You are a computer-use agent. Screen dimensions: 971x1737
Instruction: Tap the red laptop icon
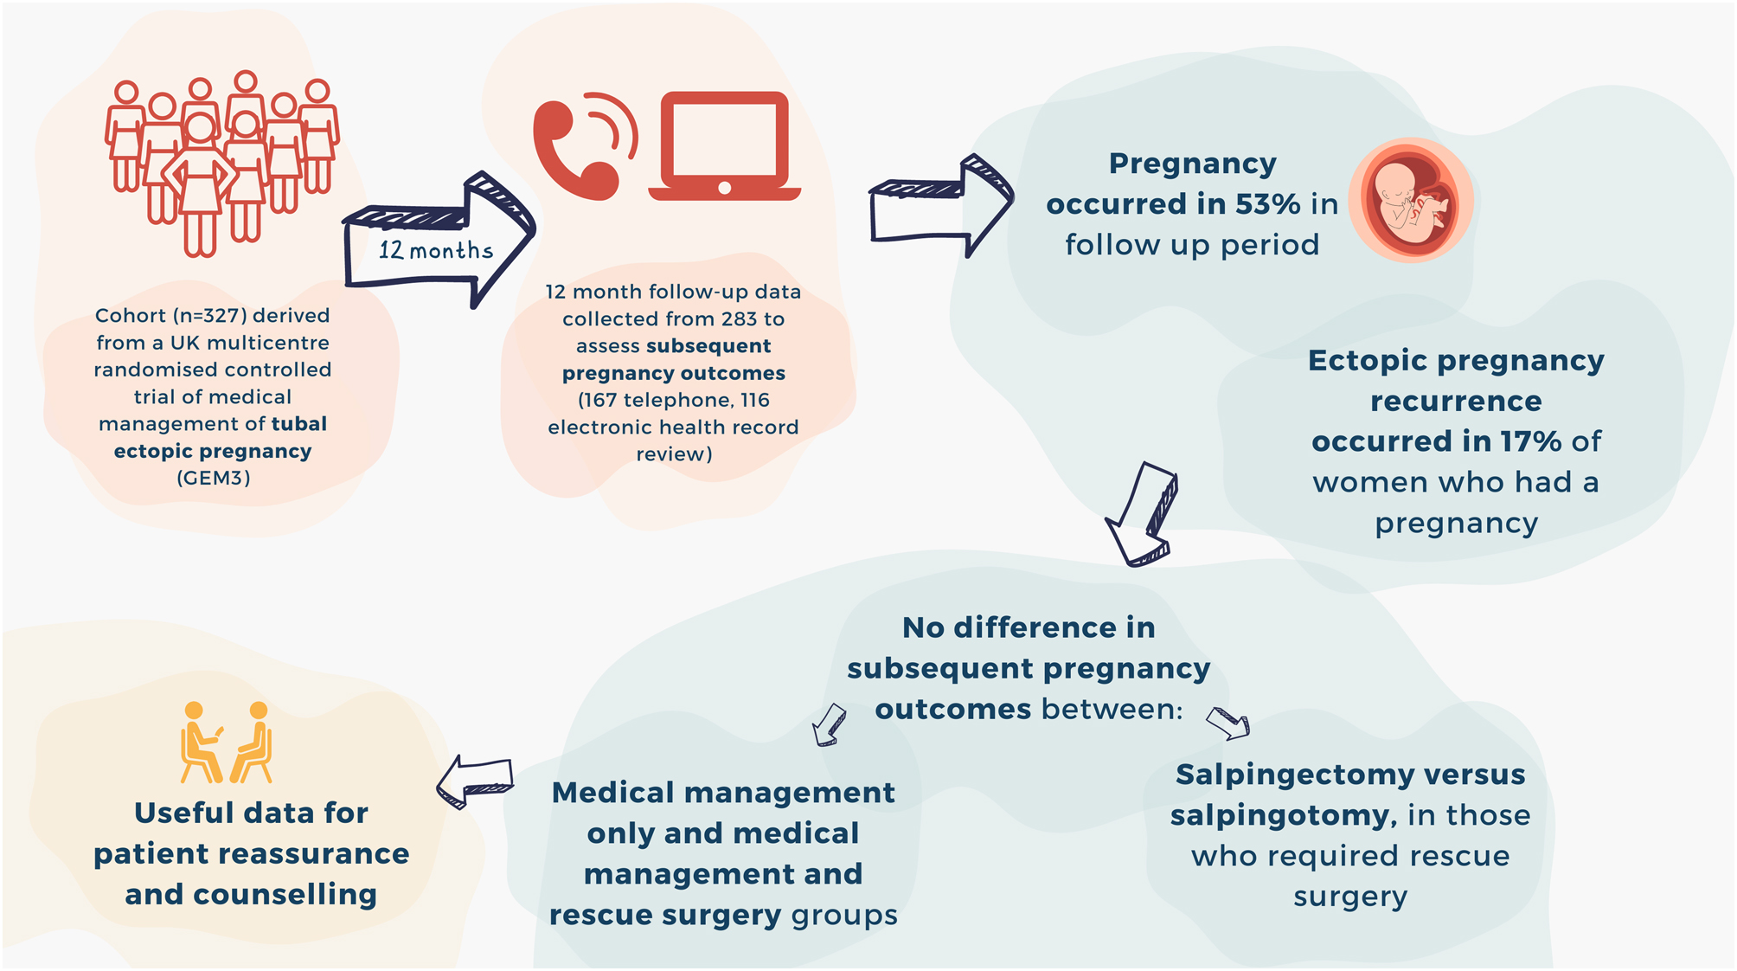725,145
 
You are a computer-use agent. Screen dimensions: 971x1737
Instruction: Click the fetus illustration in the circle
1411,200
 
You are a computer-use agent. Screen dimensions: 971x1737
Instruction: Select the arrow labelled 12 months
438,242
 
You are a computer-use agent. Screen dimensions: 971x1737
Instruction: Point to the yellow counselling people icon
226,743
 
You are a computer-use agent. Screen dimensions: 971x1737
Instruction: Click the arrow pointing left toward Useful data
475,779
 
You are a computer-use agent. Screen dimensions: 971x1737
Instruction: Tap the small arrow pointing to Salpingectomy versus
1227,722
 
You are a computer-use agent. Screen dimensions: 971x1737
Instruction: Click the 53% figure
1267,204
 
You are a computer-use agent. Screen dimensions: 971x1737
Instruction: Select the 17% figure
1530,441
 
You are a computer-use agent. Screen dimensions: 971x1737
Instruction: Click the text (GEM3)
214,478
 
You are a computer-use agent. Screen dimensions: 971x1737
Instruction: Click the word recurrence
1456,401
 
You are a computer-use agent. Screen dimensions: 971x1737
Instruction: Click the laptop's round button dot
725,188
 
